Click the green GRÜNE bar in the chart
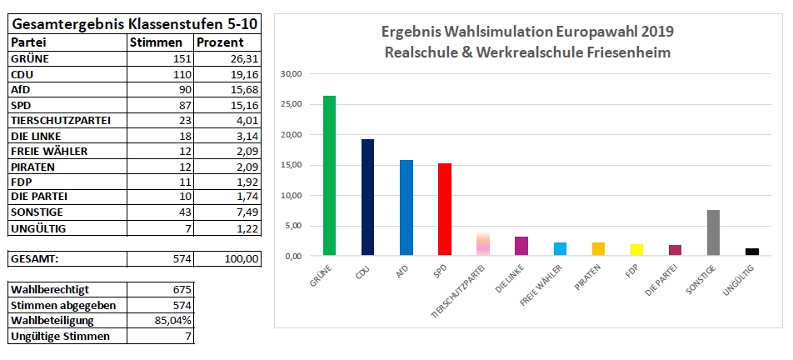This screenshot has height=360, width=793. [x=330, y=176]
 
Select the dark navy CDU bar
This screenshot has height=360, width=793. [x=368, y=197]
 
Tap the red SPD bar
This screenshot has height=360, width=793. [x=445, y=209]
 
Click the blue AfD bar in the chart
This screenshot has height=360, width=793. [x=406, y=207]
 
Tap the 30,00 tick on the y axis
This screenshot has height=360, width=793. [x=293, y=73]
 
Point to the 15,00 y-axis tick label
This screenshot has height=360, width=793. [x=293, y=165]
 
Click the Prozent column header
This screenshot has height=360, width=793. [x=221, y=42]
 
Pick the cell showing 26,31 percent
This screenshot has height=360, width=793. [x=242, y=59]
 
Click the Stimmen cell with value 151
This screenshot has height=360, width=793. [x=182, y=59]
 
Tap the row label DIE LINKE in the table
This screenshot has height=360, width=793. [x=37, y=135]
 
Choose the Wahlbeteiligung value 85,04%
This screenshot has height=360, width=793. [x=176, y=321]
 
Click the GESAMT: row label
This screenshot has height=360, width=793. [x=34, y=259]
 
